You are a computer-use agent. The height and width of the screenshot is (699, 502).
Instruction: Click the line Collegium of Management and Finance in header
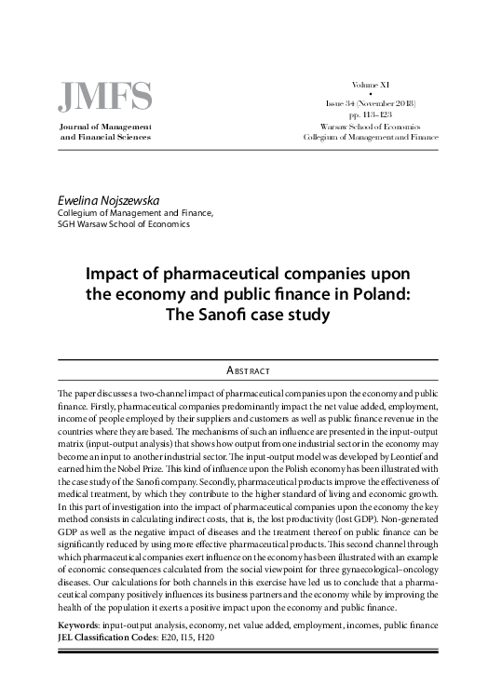click(371, 137)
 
